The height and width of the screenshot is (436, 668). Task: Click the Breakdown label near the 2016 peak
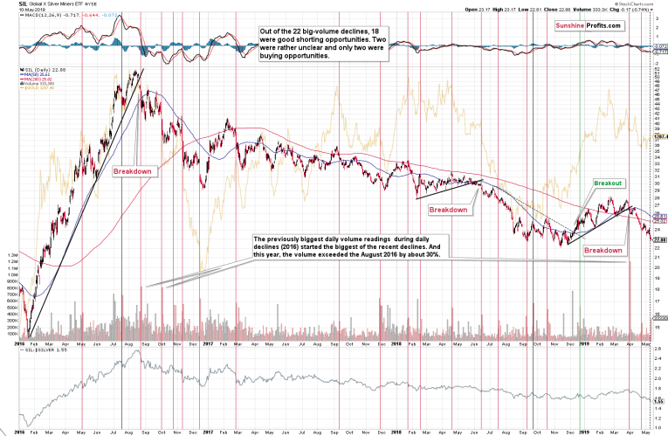[134, 171]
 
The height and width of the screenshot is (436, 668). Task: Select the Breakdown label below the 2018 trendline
[447, 210]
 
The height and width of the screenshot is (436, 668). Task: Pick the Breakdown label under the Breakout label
[604, 250]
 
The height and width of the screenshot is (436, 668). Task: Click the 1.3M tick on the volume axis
[13, 256]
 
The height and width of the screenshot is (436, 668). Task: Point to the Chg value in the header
[643, 10]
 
